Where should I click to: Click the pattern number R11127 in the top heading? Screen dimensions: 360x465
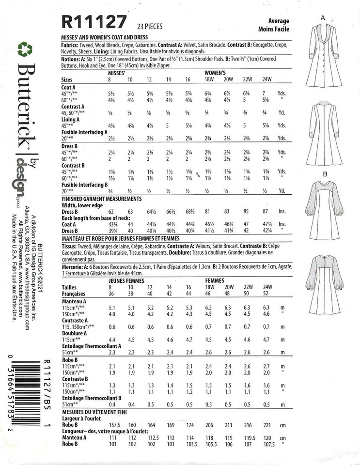[x=94, y=22]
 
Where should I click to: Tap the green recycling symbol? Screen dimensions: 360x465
[x=25, y=49]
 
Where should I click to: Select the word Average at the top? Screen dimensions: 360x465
[x=279, y=21]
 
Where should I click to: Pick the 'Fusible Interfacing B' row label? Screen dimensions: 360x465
[x=85, y=185]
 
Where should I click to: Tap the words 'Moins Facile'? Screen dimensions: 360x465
[x=278, y=29]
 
